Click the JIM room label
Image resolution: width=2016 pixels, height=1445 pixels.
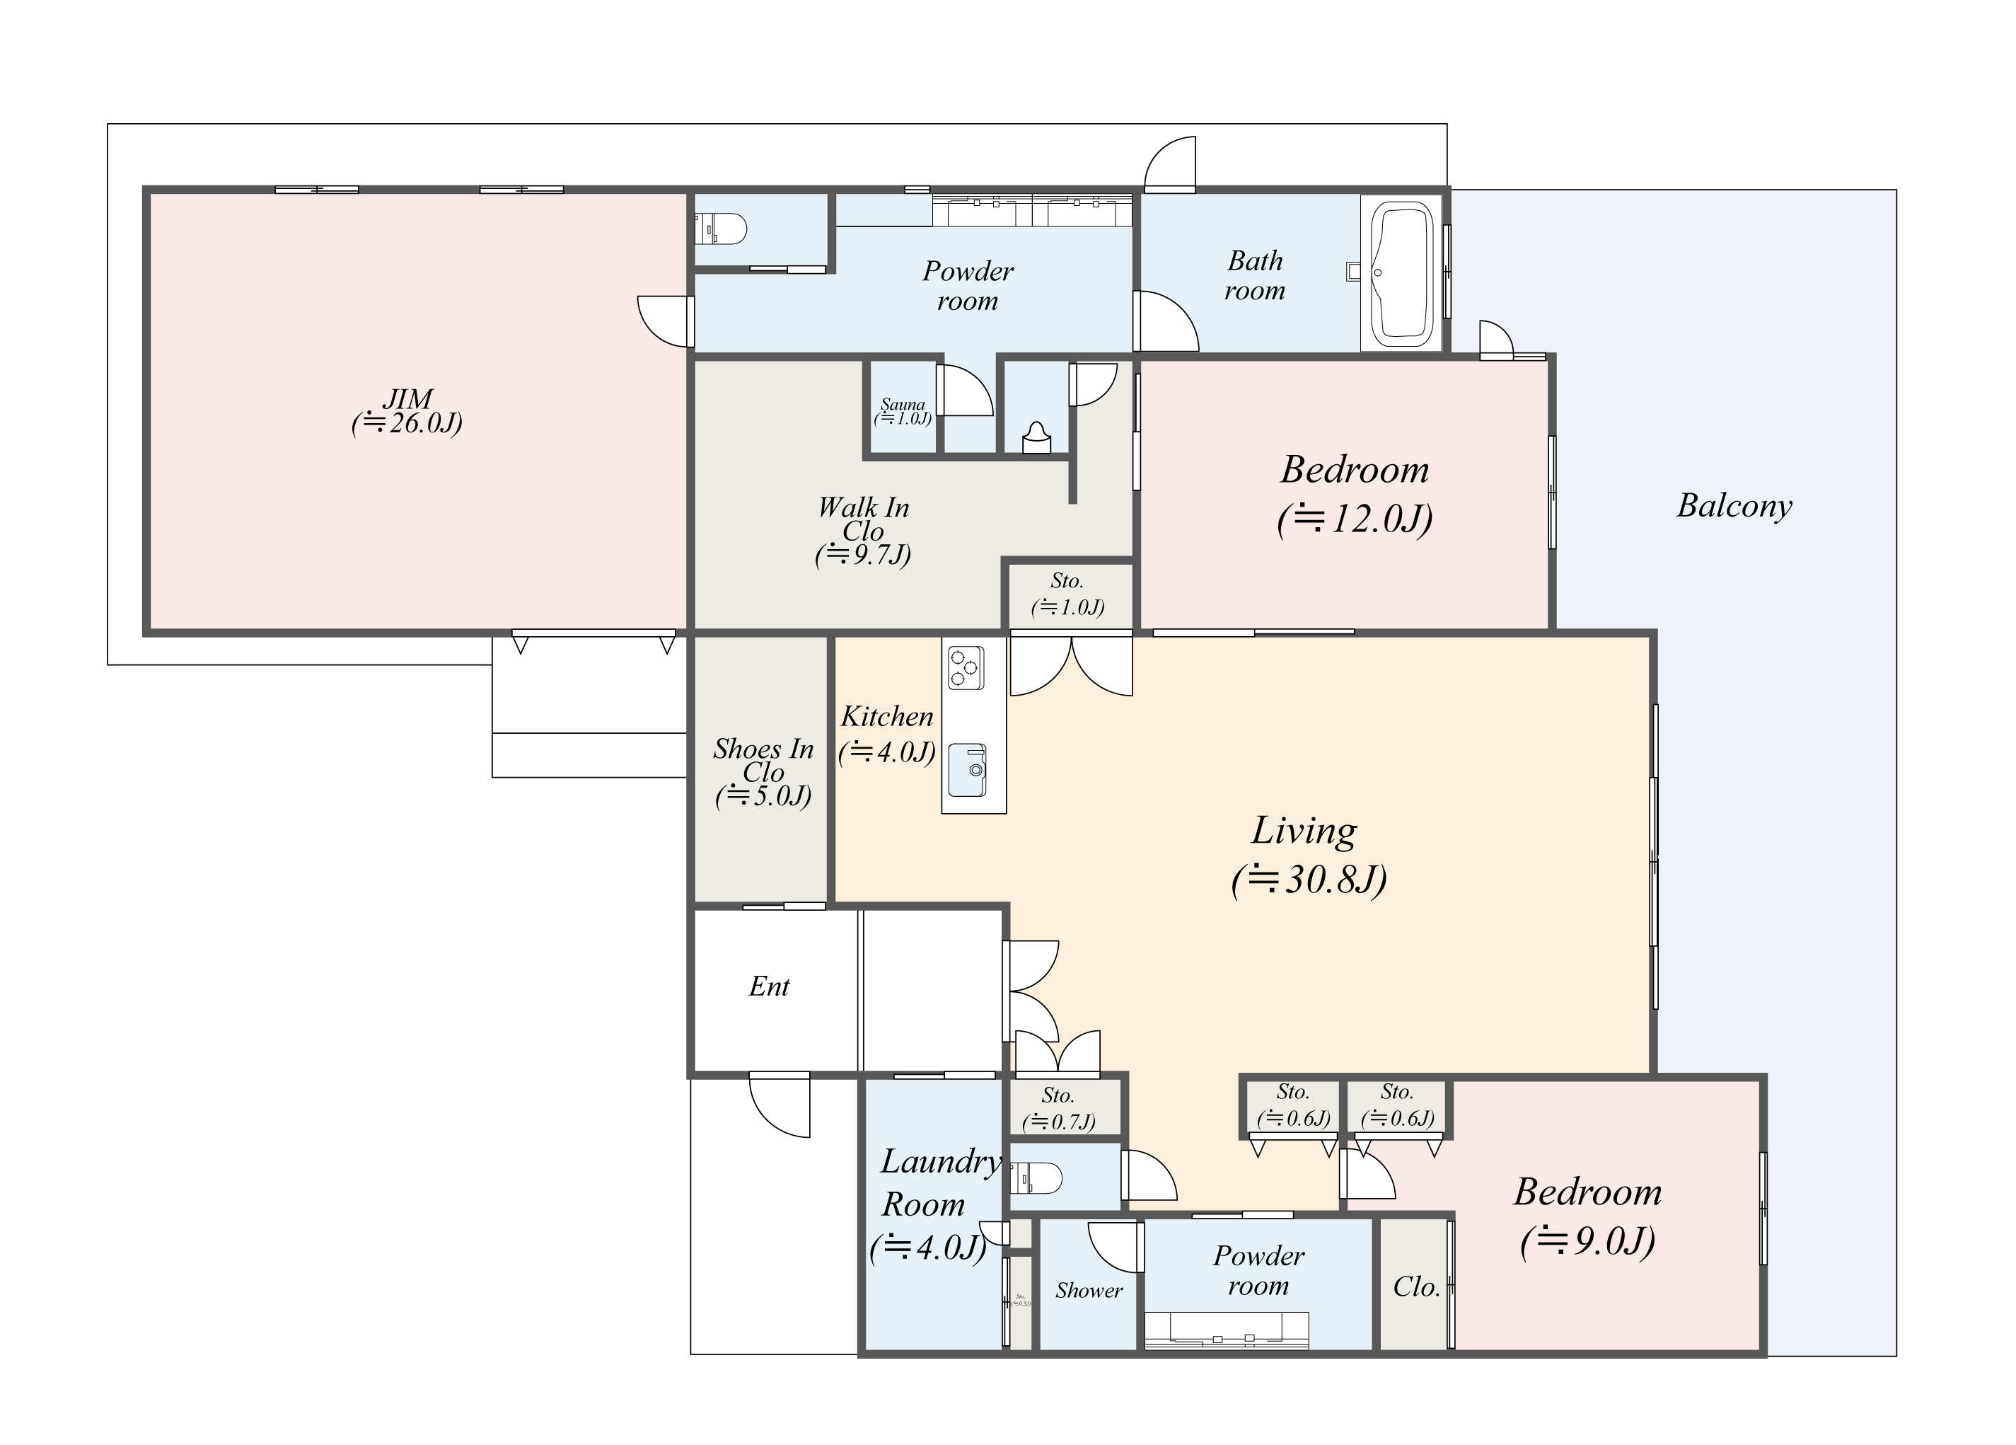pyautogui.click(x=408, y=398)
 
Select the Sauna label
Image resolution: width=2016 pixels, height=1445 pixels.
pyautogui.click(x=902, y=405)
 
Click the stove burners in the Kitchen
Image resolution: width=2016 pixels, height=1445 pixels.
pyautogui.click(x=966, y=667)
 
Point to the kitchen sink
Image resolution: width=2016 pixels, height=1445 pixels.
pyautogui.click(x=967, y=770)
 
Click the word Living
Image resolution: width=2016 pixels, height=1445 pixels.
pyautogui.click(x=1303, y=831)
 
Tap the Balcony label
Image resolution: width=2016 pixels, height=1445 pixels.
pyautogui.click(x=1733, y=505)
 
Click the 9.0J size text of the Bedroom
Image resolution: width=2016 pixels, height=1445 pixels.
pyautogui.click(x=1587, y=1241)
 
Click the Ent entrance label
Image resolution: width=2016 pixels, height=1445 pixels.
pyautogui.click(x=769, y=986)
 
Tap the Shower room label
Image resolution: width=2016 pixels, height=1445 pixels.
pyautogui.click(x=1088, y=1290)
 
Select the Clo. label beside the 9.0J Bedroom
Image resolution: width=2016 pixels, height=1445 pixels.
pyautogui.click(x=1415, y=1286)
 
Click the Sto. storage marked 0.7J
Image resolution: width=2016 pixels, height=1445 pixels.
pyautogui.click(x=1058, y=1108)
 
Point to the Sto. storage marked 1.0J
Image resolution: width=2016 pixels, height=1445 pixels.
pyautogui.click(x=1067, y=593)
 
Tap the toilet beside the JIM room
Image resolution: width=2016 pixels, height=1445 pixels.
pyautogui.click(x=720, y=229)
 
